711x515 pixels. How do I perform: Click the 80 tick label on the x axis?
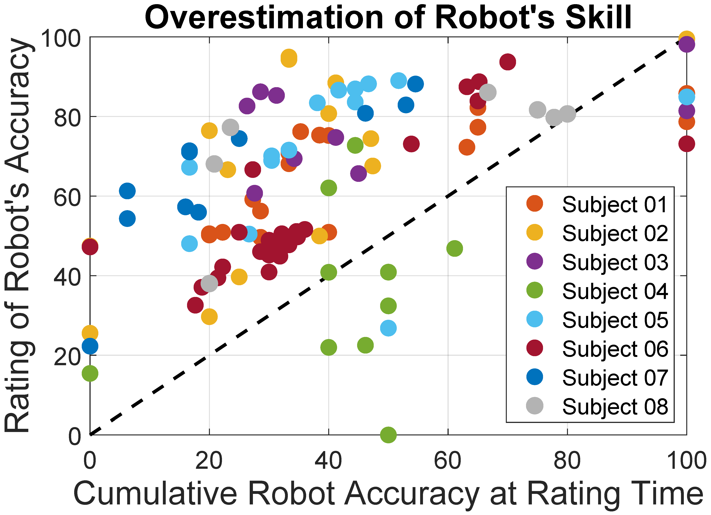567,461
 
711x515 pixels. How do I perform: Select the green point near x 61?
454,248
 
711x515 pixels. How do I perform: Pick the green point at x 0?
90,373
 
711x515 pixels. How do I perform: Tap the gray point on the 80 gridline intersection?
567,113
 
